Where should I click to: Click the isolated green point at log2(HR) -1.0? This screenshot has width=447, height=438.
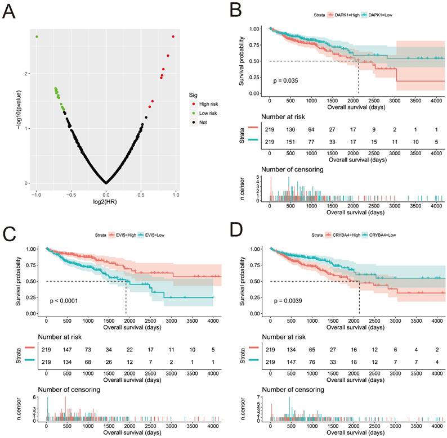pyautogui.click(x=37, y=37)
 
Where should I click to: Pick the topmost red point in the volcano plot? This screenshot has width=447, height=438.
pyautogui.click(x=173, y=37)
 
